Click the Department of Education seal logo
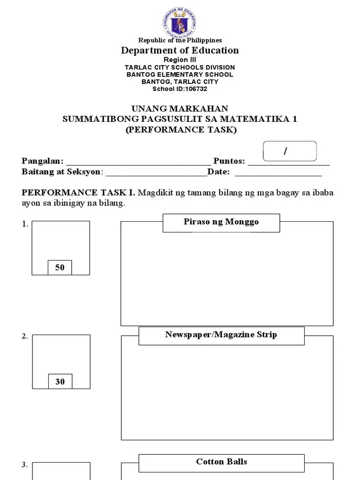(180, 21)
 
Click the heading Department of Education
(180, 50)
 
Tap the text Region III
(180, 60)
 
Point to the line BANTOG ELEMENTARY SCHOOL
(180, 74)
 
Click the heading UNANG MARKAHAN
(180, 109)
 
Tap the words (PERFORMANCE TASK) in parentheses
(180, 129)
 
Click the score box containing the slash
(290, 151)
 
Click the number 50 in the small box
(60, 268)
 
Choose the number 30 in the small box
(60, 382)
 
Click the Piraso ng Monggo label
(221, 222)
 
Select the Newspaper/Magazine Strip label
(221, 335)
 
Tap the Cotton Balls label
(221, 462)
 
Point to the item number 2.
(24, 337)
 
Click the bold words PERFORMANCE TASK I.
(78, 193)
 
